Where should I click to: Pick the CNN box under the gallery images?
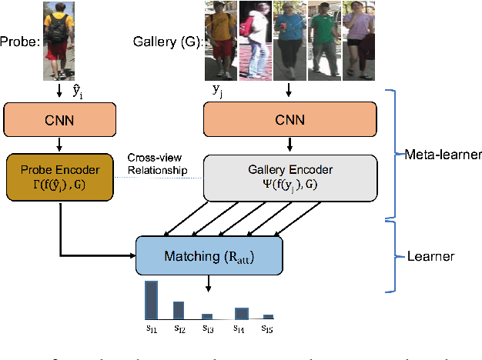tap(290, 119)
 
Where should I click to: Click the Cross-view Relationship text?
tap(157, 165)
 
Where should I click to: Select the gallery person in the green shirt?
tap(326, 40)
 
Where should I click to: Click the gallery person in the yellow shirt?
tap(220, 40)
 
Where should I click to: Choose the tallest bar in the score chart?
tap(151, 300)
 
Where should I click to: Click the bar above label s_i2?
tap(178, 309)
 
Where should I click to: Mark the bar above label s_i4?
tap(241, 312)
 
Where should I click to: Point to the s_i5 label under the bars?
tap(267, 328)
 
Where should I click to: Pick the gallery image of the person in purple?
tap(360, 40)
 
